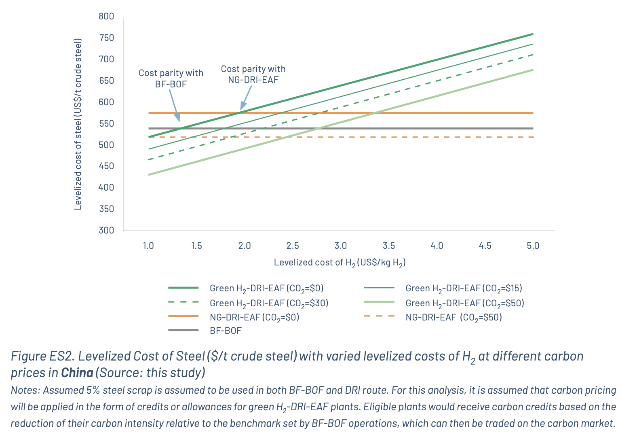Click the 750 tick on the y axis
coord(106,38)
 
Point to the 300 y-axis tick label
coord(106,230)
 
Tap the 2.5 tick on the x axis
coord(293,246)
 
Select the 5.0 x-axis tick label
coord(533,246)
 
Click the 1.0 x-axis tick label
coord(148,246)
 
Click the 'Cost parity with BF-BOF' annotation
coord(171,78)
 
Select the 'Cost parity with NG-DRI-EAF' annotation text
coord(253,74)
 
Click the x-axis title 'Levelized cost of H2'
coord(340,263)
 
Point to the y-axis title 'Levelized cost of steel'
coord(78,124)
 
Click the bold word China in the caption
coord(77,372)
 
